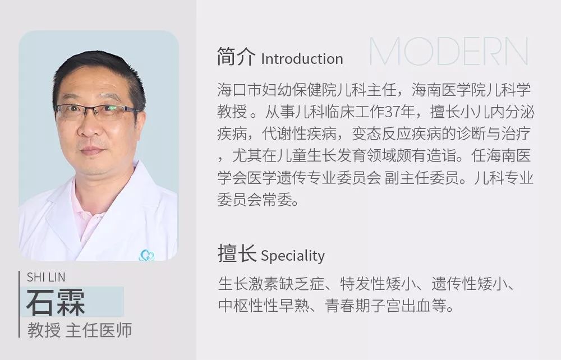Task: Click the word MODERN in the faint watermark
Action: coord(449,52)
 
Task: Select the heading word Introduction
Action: coord(302,59)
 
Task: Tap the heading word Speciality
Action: coord(293,256)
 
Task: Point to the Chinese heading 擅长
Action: coord(236,255)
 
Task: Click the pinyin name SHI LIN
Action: coord(46,278)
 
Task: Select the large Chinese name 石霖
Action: coord(56,303)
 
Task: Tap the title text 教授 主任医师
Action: coord(80,330)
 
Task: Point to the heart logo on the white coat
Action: coord(146,256)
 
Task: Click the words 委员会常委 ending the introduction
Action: coord(258,201)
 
